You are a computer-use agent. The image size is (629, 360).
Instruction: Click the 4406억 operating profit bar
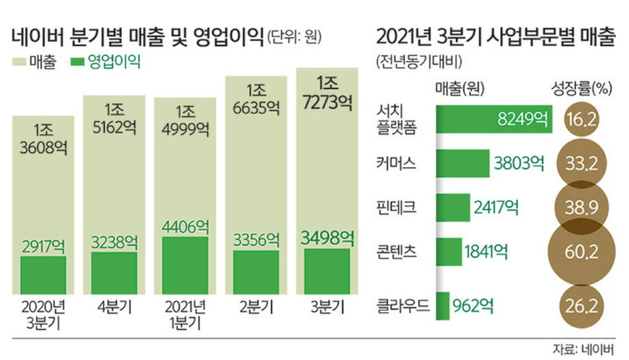point(185,265)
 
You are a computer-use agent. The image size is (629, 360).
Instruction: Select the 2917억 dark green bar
point(43,275)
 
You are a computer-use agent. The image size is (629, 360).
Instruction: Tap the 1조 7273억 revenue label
point(326,93)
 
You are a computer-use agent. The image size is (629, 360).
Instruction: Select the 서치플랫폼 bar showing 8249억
point(494,119)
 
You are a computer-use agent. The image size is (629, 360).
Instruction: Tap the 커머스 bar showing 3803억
point(463,163)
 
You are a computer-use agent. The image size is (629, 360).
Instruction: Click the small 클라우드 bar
point(442,305)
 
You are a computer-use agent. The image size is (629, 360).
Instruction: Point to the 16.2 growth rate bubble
point(580,119)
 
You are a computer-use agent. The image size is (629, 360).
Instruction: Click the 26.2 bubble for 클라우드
point(580,305)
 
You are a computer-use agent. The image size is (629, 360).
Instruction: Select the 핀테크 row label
point(396,207)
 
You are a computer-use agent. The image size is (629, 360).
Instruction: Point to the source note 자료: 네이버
point(582,350)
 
